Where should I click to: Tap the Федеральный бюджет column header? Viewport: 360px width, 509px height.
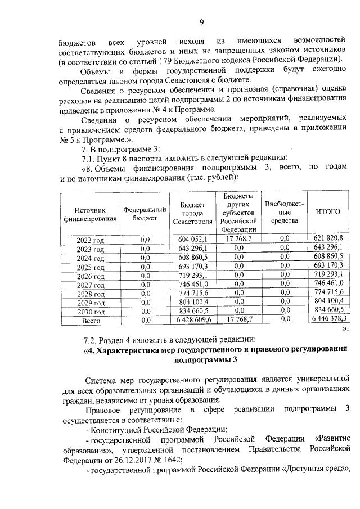(145, 214)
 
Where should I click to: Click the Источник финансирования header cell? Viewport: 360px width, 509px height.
(90, 214)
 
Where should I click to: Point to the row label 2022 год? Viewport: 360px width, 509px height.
(91, 240)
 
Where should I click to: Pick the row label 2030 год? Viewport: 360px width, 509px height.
(91, 311)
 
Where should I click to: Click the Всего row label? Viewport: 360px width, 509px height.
(91, 320)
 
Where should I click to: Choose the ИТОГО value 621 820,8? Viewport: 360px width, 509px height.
(328, 239)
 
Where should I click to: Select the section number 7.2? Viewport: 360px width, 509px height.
(91, 340)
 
